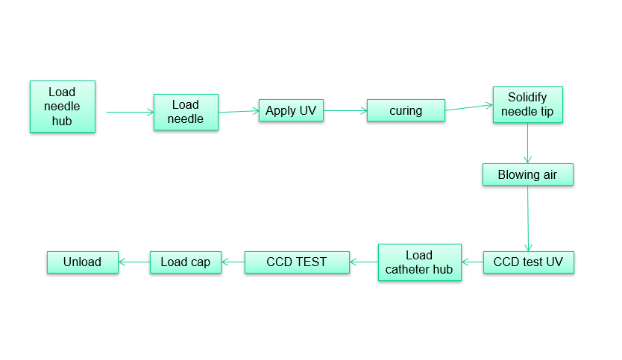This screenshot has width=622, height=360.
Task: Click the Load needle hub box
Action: pyautogui.click(x=63, y=107)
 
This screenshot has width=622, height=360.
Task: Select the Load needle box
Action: pyautogui.click(x=186, y=112)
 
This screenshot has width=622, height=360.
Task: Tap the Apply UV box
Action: pyautogui.click(x=291, y=111)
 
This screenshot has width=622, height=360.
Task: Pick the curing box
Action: pyautogui.click(x=406, y=111)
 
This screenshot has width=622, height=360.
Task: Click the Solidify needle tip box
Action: pyautogui.click(x=527, y=105)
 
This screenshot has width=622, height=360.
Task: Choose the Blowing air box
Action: pyautogui.click(x=527, y=175)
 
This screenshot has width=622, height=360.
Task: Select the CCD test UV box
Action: pyautogui.click(x=528, y=262)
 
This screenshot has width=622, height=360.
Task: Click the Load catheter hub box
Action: pyautogui.click(x=419, y=262)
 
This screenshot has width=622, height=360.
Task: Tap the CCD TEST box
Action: pyautogui.click(x=297, y=262)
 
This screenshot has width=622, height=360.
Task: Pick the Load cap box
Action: pyautogui.click(x=186, y=262)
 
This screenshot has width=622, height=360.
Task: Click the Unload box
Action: pyautogui.click(x=82, y=262)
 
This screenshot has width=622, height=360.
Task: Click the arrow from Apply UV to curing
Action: pyautogui.click(x=345, y=111)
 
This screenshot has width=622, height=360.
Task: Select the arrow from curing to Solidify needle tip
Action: pyautogui.click(x=468, y=108)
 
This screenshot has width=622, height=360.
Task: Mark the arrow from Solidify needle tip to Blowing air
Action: pyautogui.click(x=527, y=143)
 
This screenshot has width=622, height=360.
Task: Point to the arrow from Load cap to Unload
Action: pyautogui.click(x=134, y=262)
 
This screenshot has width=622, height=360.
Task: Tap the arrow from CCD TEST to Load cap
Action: pyautogui.click(x=233, y=262)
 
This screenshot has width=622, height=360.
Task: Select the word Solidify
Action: pyautogui.click(x=527, y=98)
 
